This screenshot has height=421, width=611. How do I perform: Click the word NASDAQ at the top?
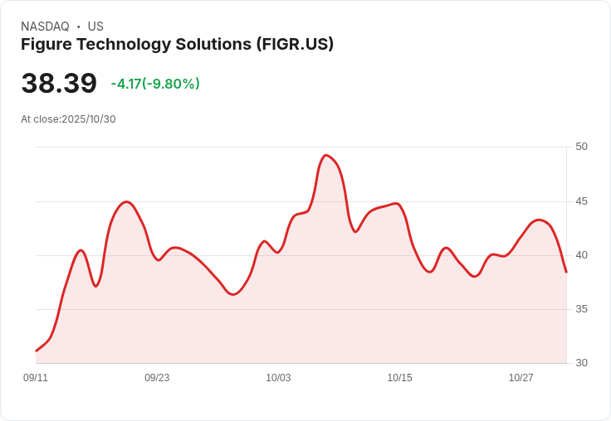coord(45,27)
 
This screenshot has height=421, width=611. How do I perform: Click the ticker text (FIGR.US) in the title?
coord(295,44)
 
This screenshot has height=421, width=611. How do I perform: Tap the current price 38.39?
coord(59,83)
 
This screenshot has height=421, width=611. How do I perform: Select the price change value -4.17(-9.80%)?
coord(155,84)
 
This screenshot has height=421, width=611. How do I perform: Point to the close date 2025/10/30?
coord(88,119)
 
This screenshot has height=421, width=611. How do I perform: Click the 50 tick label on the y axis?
coord(581,147)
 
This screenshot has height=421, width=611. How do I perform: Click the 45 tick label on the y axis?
coord(581,201)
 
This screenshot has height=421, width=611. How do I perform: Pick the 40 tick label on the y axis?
coord(581,255)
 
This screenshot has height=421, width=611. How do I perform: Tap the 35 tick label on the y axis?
coord(581,309)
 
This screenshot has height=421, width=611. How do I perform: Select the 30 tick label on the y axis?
coord(581,363)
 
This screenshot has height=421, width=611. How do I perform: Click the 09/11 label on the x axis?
coord(36,378)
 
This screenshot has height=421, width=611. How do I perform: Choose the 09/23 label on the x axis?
coord(157,378)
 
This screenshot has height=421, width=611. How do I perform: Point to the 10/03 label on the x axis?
coord(278,378)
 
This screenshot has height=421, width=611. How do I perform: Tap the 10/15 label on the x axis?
coord(399,378)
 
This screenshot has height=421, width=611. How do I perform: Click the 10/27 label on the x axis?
coord(521,378)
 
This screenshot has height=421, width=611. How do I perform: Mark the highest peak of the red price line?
coord(326,155)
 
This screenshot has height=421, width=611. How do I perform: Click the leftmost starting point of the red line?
coord(37,351)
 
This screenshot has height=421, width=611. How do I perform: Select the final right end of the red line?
coord(566,272)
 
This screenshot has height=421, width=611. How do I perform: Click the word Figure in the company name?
coord(46,44)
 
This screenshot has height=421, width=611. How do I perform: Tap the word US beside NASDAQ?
coord(95,27)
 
